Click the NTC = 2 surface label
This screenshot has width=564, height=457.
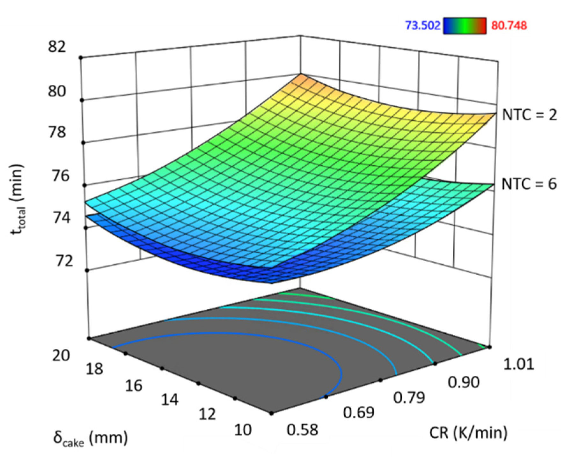(x=529, y=115)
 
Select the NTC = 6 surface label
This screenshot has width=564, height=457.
(x=529, y=184)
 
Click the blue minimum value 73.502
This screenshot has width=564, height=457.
(x=423, y=26)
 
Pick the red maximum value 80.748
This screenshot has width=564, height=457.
(x=509, y=26)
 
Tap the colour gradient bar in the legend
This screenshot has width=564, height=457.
(x=465, y=26)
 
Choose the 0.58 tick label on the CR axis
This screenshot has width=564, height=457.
(x=303, y=430)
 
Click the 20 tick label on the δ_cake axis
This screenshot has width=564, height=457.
(x=61, y=355)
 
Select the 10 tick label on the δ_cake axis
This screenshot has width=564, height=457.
(x=243, y=430)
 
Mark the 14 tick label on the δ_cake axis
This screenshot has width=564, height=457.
(x=169, y=400)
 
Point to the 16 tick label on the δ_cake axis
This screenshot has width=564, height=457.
(x=133, y=385)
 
